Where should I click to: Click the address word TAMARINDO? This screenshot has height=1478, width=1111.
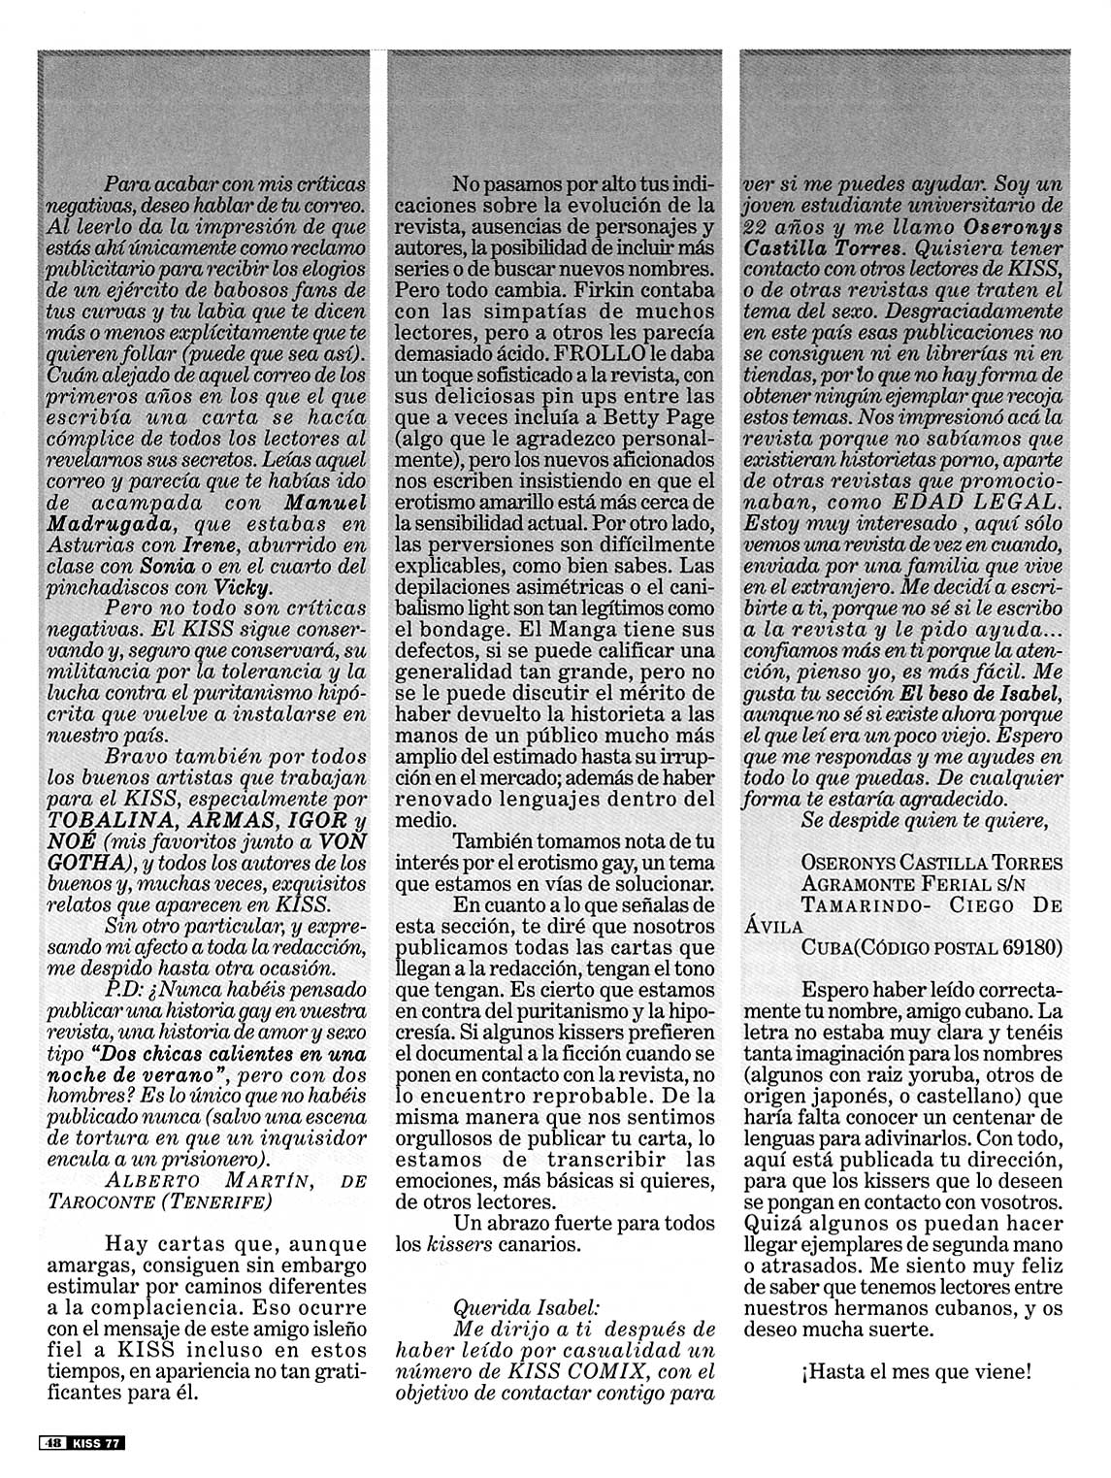tap(861, 903)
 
